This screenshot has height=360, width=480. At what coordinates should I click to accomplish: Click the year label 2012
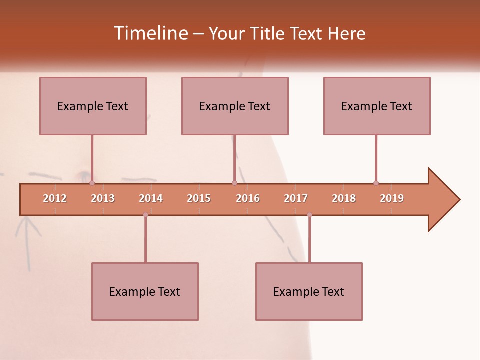(x=55, y=198)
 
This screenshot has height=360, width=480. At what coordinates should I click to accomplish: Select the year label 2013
(x=103, y=198)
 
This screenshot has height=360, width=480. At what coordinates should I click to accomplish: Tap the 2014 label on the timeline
(x=151, y=198)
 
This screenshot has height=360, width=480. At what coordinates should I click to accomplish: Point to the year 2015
(x=199, y=198)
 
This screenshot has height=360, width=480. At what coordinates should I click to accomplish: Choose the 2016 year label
(x=248, y=198)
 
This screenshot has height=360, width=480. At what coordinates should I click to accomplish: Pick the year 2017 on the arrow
(x=296, y=198)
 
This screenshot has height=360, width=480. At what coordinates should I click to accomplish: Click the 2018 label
(x=344, y=198)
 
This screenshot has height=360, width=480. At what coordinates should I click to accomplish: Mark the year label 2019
(x=392, y=198)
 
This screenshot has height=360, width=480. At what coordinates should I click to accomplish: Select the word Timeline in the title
(x=150, y=33)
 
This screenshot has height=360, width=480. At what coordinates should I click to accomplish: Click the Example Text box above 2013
(x=93, y=106)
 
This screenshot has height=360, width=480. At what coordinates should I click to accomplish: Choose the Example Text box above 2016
(x=235, y=106)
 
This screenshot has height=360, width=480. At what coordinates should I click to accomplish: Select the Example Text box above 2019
(x=377, y=106)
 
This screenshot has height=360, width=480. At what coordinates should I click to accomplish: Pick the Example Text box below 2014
(x=145, y=291)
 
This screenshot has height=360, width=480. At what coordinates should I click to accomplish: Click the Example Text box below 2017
(x=309, y=291)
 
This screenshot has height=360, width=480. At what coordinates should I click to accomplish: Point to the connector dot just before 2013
(x=92, y=183)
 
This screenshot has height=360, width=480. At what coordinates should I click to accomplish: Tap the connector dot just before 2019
(x=376, y=183)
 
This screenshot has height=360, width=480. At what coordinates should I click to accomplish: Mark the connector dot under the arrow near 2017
(x=309, y=215)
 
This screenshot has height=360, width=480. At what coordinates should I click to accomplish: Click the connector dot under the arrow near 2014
(x=145, y=215)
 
